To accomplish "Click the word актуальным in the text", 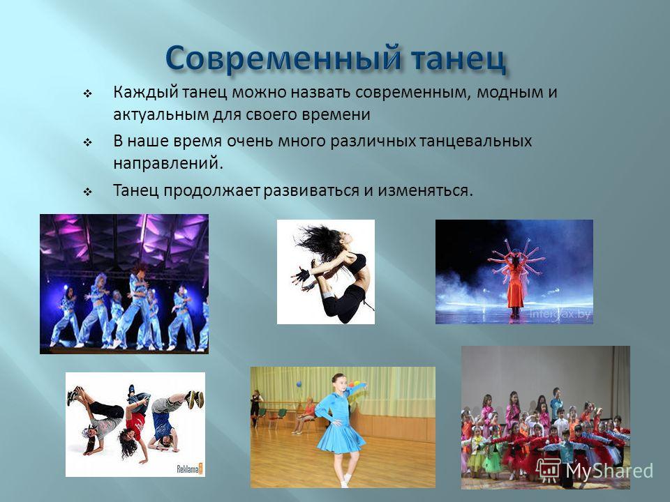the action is pyautogui.click(x=161, y=115).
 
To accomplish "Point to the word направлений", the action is pyautogui.click(x=168, y=164).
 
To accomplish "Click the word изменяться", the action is pyautogui.click(x=425, y=190).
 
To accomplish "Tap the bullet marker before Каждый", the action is pyautogui.click(x=88, y=94).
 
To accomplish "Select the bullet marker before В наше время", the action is pyautogui.click(x=88, y=142).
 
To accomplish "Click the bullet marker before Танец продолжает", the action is pyautogui.click(x=88, y=192).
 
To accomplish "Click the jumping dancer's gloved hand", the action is pyautogui.click(x=302, y=275).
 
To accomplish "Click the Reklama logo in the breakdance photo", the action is pyautogui.click(x=190, y=469).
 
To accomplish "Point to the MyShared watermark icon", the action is pyautogui.click(x=549, y=471).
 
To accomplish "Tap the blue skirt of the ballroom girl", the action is pyautogui.click(x=341, y=435).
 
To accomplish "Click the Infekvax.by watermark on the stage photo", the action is pyautogui.click(x=560, y=314).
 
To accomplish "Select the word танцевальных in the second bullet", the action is pyautogui.click(x=475, y=142).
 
